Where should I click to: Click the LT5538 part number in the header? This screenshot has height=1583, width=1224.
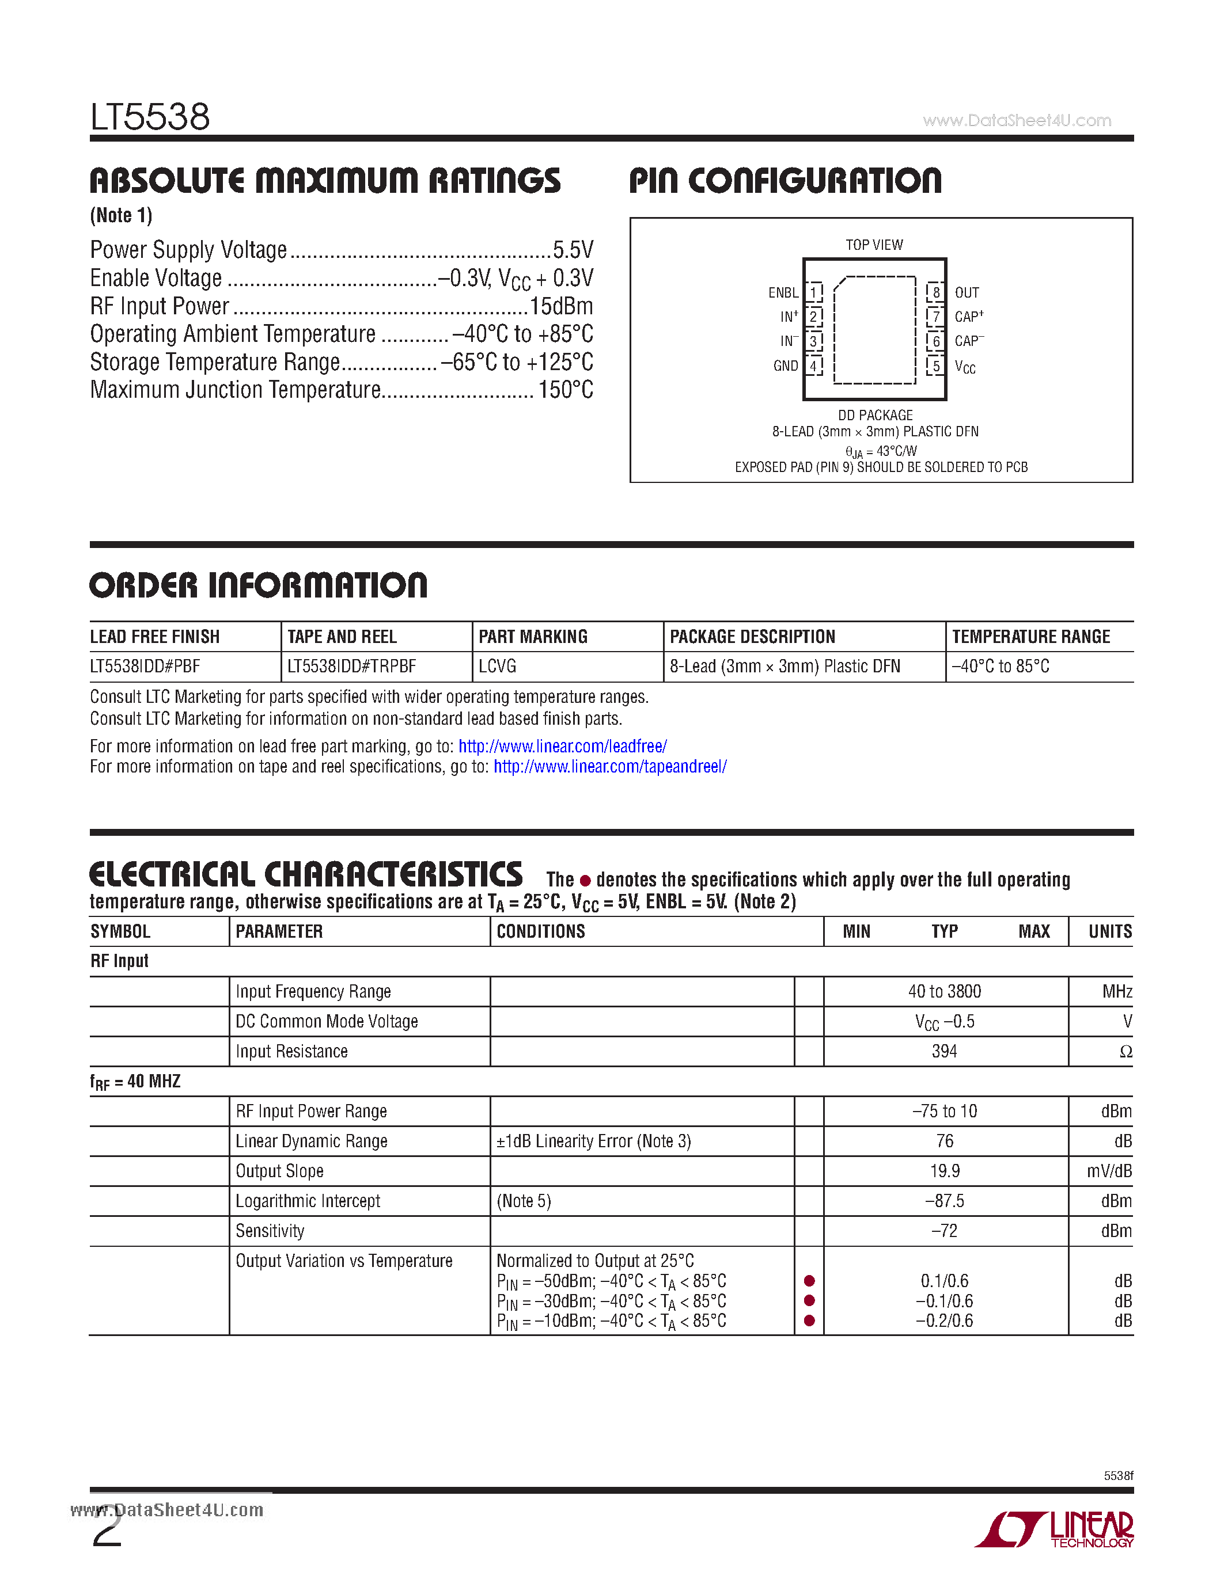[x=150, y=117]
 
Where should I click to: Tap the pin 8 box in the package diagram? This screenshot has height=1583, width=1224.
[x=936, y=292]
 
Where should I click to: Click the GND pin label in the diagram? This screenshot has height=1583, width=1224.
[x=785, y=366]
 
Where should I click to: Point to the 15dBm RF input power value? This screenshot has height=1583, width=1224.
[x=560, y=306]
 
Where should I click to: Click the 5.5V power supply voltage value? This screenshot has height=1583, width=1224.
[x=573, y=250]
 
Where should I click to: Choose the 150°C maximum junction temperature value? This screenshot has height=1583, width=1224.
[x=566, y=390]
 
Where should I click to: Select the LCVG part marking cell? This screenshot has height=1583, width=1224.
[x=498, y=666]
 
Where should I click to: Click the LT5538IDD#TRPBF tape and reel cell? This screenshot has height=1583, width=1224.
[x=352, y=666]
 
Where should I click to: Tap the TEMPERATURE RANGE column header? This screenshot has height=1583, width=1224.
[x=1030, y=637]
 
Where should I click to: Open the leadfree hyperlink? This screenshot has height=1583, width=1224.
[x=563, y=746]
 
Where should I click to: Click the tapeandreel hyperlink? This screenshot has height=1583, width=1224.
[x=610, y=766]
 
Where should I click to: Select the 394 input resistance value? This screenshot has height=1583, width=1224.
[x=944, y=1051]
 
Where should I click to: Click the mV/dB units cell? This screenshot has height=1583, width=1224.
[x=1109, y=1171]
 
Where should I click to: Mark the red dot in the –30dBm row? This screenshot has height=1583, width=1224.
[x=809, y=1300]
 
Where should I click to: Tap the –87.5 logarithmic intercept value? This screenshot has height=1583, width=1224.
[x=944, y=1200]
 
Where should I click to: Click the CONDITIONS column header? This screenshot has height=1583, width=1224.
[x=540, y=931]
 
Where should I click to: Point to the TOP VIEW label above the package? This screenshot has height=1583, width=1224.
[x=874, y=245]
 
